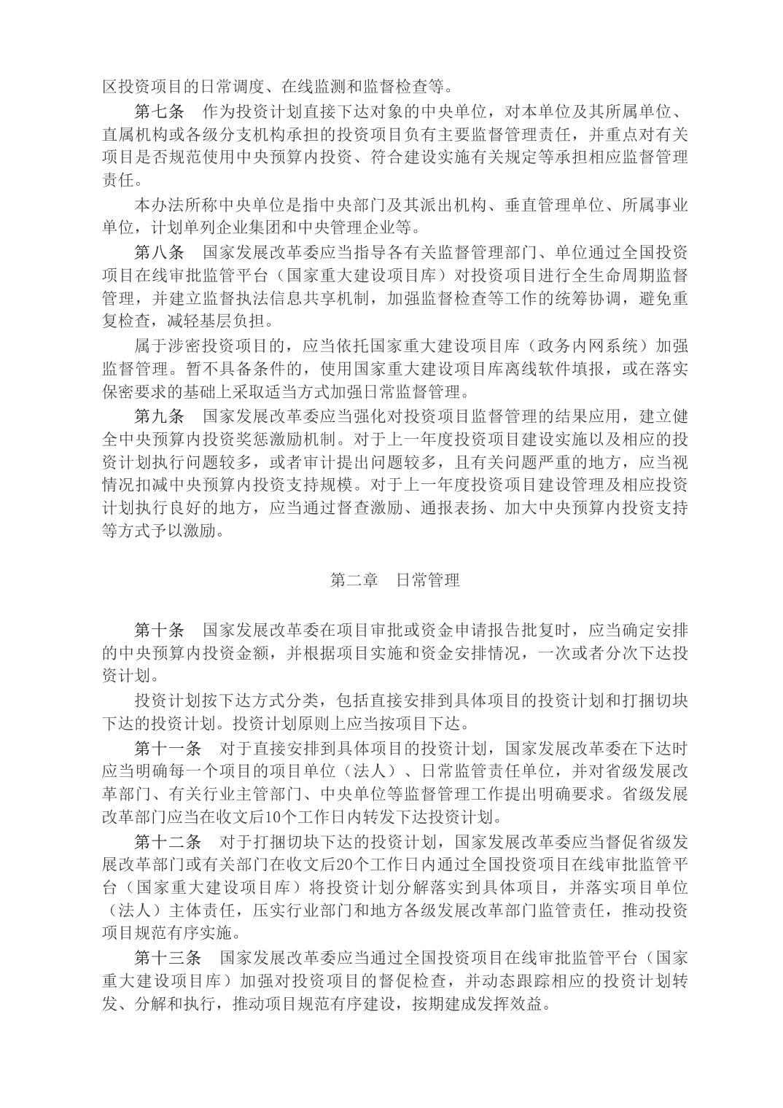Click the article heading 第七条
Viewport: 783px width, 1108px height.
click(x=160, y=112)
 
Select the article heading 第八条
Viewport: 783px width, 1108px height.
click(x=160, y=253)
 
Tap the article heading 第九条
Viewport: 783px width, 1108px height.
click(x=160, y=417)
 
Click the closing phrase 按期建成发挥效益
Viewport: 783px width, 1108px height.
click(x=475, y=1004)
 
